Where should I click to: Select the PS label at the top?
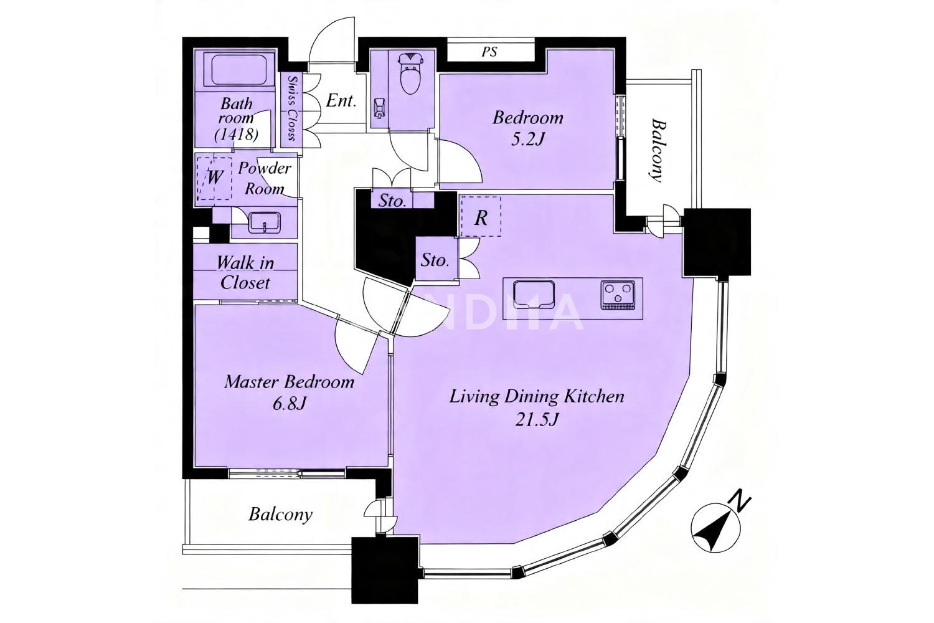pyautogui.click(x=489, y=52)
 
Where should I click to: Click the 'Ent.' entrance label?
pyautogui.click(x=341, y=101)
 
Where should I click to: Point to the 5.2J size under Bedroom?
pyautogui.click(x=527, y=140)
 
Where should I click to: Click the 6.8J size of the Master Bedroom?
pyautogui.click(x=290, y=404)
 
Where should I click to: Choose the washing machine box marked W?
pyautogui.click(x=214, y=178)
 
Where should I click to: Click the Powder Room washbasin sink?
pyautogui.click(x=265, y=222)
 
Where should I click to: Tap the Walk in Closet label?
pyautogui.click(x=245, y=273)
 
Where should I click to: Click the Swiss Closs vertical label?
pyautogui.click(x=291, y=109)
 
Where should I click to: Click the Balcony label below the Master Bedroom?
pyautogui.click(x=280, y=515)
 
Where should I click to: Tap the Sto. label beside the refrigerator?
pyautogui.click(x=435, y=261)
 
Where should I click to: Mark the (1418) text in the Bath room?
pyautogui.click(x=236, y=135)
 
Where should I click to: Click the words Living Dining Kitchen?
pyautogui.click(x=537, y=396)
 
